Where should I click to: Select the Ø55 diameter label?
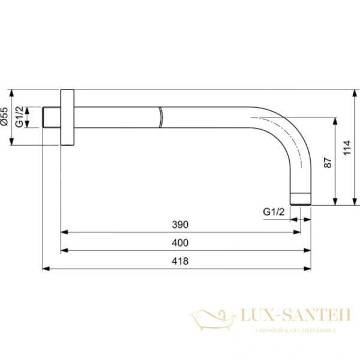[x=5, y=116]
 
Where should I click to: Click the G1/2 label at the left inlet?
[x=20, y=116]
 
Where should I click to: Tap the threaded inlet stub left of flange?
[x=52, y=117]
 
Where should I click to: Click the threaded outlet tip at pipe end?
[x=301, y=199]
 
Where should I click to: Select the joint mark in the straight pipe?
[x=161, y=117]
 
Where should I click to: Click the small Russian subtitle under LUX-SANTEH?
[x=295, y=331]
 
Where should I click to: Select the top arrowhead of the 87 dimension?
[x=334, y=121]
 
